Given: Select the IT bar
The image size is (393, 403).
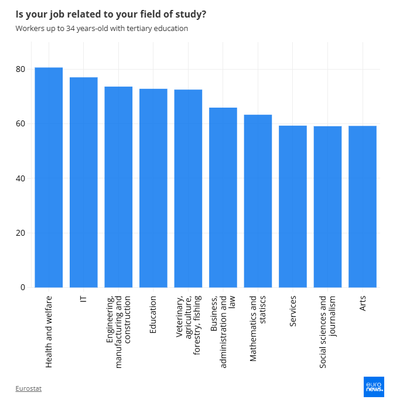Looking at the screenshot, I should point(83,182).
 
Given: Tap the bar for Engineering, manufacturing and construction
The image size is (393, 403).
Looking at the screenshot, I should point(118,187).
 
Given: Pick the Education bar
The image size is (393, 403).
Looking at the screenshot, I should point(153,188).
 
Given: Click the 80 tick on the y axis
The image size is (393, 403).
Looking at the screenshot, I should point(20,69).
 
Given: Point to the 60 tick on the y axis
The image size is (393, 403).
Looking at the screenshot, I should point(20,123).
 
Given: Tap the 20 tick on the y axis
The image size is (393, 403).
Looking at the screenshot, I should point(20,233).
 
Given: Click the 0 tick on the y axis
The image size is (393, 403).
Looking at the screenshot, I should point(23,287).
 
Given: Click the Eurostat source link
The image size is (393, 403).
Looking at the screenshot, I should point(29,388).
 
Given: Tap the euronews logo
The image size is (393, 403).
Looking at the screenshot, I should point(373,387).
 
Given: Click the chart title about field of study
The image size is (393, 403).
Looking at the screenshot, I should point(111,13).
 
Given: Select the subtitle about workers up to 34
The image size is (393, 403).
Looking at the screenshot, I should point(102,28).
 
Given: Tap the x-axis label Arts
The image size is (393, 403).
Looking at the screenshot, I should point(363,304).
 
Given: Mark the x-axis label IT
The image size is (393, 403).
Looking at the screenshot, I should point(83,299).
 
